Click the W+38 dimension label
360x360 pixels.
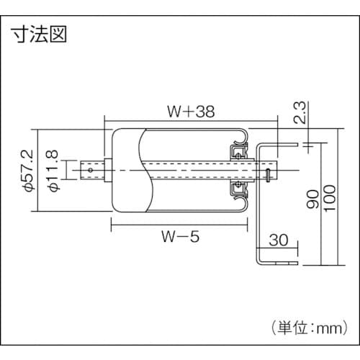point(190,112)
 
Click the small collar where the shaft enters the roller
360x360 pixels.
point(107,171)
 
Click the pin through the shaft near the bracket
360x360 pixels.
point(268,172)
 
